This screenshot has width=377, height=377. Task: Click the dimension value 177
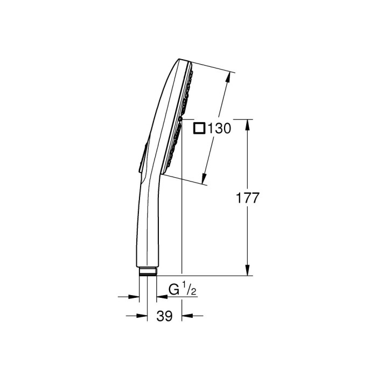tap(248, 198)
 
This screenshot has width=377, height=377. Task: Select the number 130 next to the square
tap(219, 128)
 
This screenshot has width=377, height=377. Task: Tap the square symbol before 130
tap(200, 128)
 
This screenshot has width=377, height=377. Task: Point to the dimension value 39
tap(165, 316)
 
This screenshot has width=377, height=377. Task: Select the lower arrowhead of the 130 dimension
tap(205, 180)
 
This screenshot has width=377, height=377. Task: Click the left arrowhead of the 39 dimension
tap(144, 316)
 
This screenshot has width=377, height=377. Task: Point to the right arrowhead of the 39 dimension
tap(185, 316)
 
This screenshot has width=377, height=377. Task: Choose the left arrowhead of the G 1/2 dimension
tap(136, 296)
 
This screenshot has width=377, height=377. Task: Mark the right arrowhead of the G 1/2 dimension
tap(160, 296)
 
